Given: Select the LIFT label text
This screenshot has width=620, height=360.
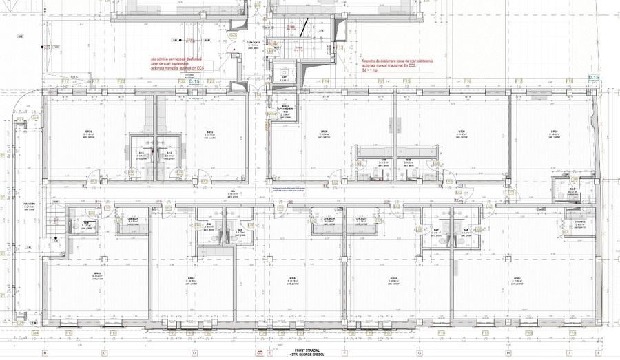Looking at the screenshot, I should (284, 78).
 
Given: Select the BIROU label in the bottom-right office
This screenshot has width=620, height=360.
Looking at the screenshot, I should (516, 279).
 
